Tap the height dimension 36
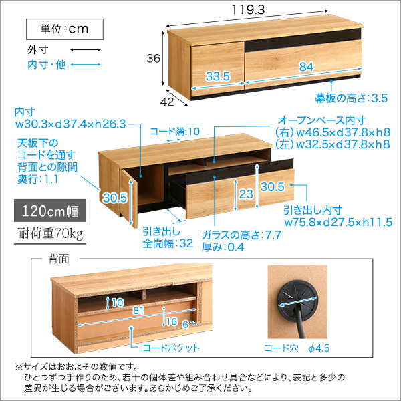click(x=154, y=59)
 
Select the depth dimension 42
click(x=168, y=102)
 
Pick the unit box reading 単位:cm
click(x=65, y=29)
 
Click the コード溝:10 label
click(x=174, y=132)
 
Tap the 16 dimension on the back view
click(x=172, y=321)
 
